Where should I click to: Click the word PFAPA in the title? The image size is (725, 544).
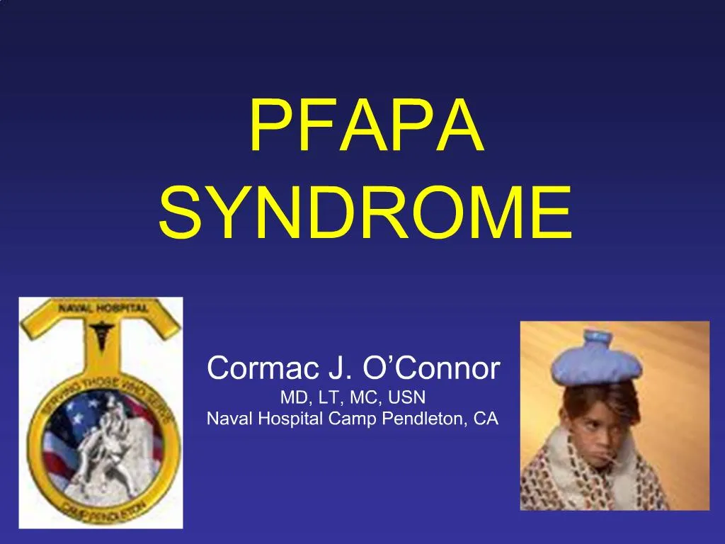coord(366,128)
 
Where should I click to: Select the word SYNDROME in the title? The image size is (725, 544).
coord(365,212)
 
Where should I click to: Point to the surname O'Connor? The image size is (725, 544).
coord(430,368)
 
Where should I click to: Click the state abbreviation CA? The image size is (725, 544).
coord(486,419)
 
